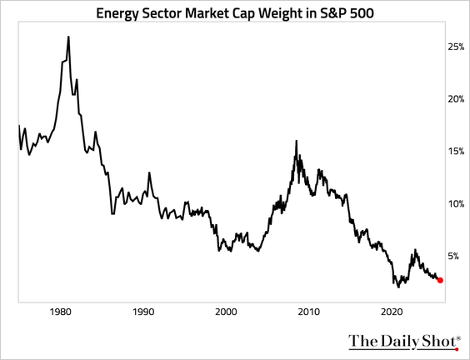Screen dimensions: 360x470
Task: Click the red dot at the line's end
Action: (440, 281)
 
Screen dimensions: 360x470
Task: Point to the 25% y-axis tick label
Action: (456, 47)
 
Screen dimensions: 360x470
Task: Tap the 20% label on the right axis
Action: (456, 99)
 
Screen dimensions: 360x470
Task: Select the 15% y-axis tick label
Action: (456, 152)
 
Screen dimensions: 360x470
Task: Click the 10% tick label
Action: (456, 204)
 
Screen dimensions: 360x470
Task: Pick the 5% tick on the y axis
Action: (453, 257)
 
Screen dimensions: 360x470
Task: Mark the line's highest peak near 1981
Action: (67, 37)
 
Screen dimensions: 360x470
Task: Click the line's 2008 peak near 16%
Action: (297, 141)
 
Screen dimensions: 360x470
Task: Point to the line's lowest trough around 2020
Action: (398, 287)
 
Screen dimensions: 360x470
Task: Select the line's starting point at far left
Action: (18, 126)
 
